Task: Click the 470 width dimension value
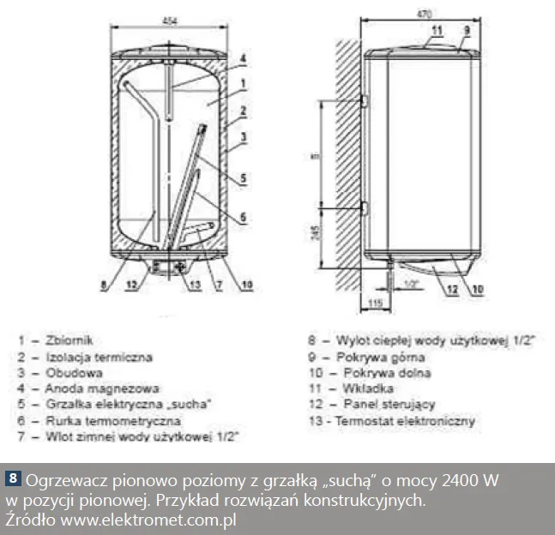click(x=425, y=15)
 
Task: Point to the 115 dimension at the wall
click(x=374, y=303)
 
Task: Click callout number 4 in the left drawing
click(x=243, y=58)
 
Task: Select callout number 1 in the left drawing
click(x=244, y=84)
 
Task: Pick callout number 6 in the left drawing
click(x=244, y=215)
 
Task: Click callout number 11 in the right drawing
click(x=437, y=31)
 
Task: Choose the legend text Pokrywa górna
click(x=383, y=357)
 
